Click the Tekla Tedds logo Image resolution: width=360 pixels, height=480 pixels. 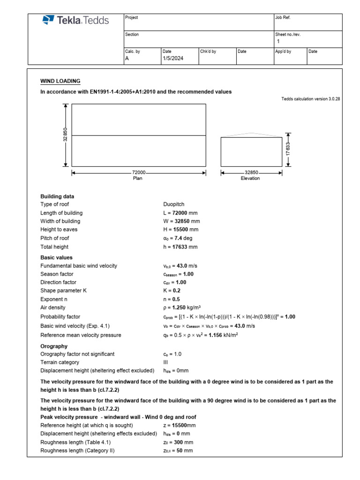[x=75, y=20]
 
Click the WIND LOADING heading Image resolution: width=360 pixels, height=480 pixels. [x=60, y=81]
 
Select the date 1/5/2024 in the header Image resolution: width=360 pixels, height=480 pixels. [x=173, y=59]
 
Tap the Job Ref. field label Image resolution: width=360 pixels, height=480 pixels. [x=284, y=17]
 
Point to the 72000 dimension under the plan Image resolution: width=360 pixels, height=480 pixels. [x=138, y=173]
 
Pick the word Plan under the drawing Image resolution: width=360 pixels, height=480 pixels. [x=138, y=179]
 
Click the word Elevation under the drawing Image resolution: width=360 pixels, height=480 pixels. [x=250, y=179]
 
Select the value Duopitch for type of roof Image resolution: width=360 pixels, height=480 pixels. [x=173, y=204]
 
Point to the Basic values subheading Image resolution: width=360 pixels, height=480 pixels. [x=56, y=257]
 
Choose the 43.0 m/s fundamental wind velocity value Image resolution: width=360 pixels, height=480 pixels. [x=180, y=266]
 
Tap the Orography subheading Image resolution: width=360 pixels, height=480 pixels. [x=54, y=346]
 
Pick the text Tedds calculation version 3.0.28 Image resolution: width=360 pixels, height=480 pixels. [x=310, y=99]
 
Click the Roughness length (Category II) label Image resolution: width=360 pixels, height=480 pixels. [x=77, y=450]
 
